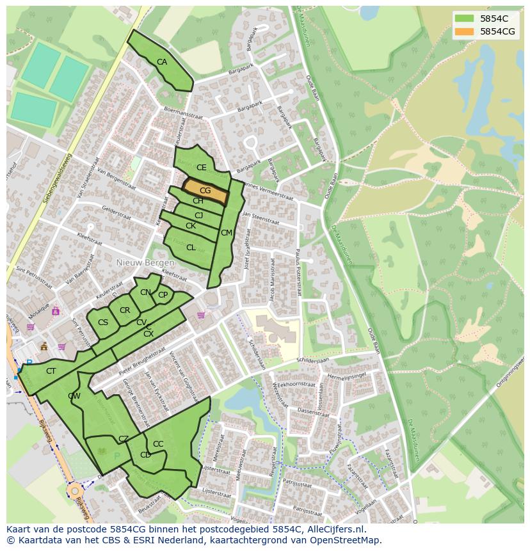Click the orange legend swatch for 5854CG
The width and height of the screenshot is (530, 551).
pos(465,31)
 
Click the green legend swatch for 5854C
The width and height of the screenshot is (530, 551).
pos(465,19)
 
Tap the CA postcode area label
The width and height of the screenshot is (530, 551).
pos(162,62)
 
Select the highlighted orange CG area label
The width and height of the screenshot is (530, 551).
pos(205,191)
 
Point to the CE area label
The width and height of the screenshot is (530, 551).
pos(201,168)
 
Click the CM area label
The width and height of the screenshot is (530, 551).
pos(226,233)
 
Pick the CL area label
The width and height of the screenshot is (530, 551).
pos(191,248)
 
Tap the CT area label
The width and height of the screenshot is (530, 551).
pos(51,371)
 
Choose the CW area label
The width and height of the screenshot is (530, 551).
pos(74,396)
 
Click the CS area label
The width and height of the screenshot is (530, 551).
pos(102,323)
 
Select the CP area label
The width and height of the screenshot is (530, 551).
pos(163,295)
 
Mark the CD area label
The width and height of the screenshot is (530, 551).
pos(145,455)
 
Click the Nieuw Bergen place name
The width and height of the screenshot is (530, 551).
pos(145,263)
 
